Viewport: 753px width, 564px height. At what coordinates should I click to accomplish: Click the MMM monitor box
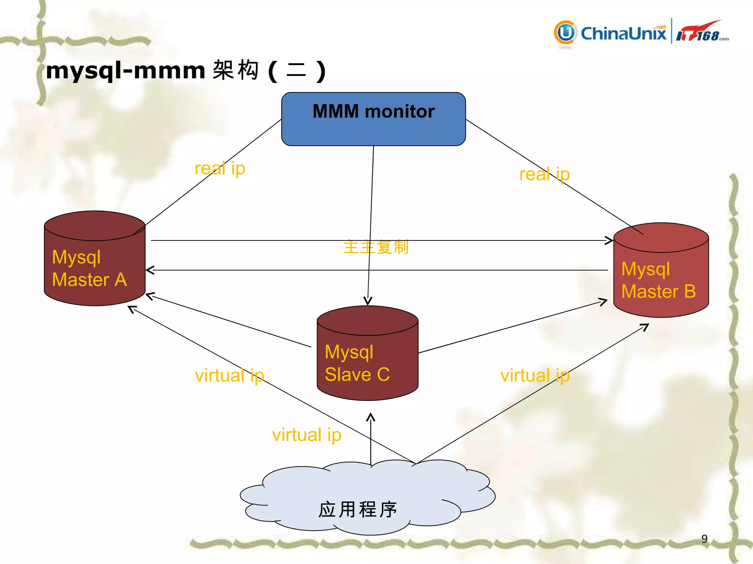coord(373,119)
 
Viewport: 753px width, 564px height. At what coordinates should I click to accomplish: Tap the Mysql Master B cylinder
coord(661,271)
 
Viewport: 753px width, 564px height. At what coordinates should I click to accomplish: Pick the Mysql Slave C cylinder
coord(367,354)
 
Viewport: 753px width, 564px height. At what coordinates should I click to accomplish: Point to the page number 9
coord(704,539)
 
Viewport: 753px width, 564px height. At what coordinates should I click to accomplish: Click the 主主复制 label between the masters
coord(375,247)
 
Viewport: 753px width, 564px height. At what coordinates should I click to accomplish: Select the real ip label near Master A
coord(220,169)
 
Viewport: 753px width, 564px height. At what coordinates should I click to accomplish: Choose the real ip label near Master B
coord(544,174)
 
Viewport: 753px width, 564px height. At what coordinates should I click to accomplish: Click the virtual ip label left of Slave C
coord(229,376)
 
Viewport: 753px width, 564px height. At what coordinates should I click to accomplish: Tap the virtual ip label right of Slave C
coord(535,376)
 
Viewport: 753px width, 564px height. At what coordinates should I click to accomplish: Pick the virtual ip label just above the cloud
coord(306,435)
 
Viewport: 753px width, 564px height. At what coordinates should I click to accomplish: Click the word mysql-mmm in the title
coord(125,70)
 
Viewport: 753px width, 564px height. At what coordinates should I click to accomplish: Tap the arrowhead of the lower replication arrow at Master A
coord(149,270)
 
